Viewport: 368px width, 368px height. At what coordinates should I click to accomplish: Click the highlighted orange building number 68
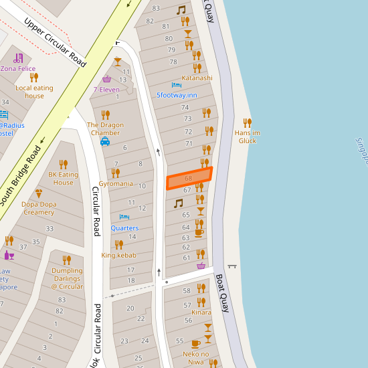(x=189, y=179)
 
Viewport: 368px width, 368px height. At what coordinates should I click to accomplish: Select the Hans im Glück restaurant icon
(x=248, y=122)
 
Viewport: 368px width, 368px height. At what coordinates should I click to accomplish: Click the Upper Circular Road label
(x=56, y=41)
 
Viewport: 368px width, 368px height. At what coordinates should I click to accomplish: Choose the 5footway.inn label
(x=177, y=95)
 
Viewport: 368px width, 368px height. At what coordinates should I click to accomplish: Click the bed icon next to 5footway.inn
(x=177, y=85)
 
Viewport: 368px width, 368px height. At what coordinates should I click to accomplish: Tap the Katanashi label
(x=197, y=78)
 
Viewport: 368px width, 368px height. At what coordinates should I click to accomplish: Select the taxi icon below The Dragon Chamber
(x=105, y=142)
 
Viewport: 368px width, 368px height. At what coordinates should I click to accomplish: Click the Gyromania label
(x=116, y=183)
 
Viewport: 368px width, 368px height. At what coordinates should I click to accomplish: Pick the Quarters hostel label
(x=125, y=227)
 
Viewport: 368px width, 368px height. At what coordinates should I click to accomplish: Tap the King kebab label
(x=118, y=255)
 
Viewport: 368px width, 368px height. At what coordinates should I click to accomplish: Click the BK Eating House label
(x=64, y=178)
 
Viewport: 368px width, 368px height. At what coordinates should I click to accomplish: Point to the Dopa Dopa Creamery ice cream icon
(x=38, y=193)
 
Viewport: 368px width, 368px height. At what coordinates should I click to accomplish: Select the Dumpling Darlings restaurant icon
(x=66, y=260)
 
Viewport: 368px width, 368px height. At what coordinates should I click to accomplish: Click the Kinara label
(x=201, y=312)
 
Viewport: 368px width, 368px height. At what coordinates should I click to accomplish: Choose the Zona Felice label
(x=18, y=68)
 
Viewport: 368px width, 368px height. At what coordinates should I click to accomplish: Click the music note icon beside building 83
(x=181, y=10)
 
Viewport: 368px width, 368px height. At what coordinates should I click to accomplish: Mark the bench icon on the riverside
(x=232, y=266)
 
